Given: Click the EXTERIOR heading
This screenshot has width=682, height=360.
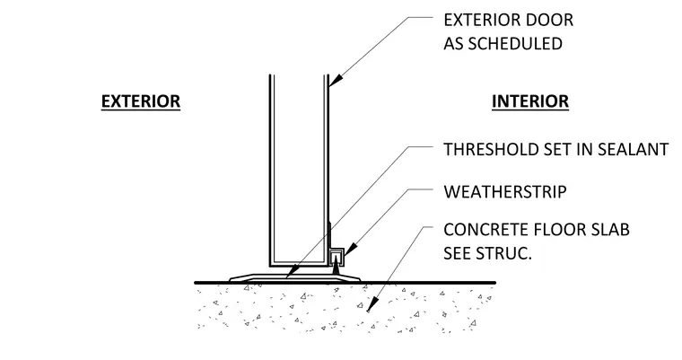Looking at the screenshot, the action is pyautogui.click(x=141, y=101).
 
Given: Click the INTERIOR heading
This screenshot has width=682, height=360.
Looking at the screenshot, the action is pyautogui.click(x=530, y=101).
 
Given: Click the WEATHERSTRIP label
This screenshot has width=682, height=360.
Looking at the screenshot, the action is pyautogui.click(x=505, y=192).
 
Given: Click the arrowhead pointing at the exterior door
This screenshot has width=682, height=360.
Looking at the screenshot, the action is pyautogui.click(x=336, y=80).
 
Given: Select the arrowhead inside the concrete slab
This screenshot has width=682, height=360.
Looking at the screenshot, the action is pyautogui.click(x=371, y=305).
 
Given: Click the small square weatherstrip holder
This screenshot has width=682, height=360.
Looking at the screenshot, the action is pyautogui.click(x=337, y=257).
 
